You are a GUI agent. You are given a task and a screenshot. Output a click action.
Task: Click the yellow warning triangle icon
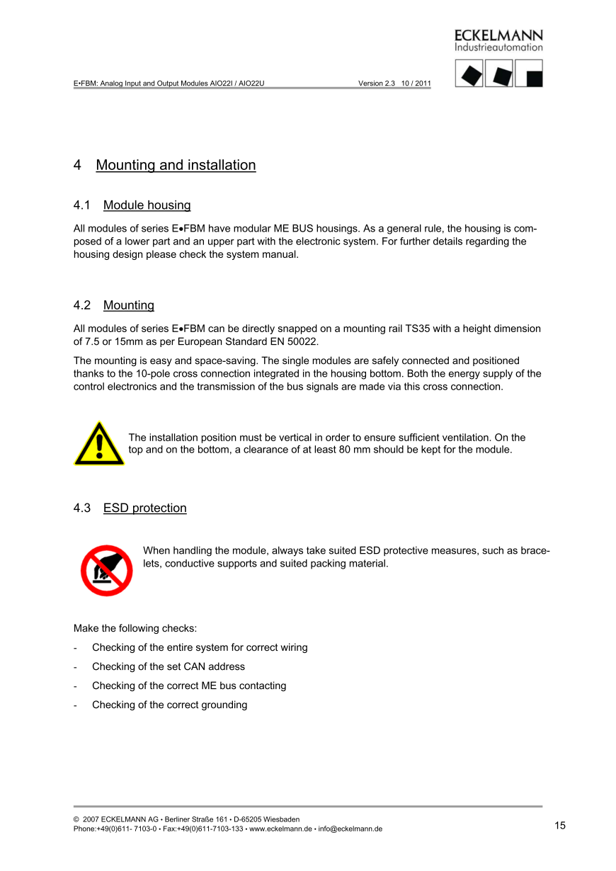[99, 445]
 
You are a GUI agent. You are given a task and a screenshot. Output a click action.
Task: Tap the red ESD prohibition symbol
[106, 570]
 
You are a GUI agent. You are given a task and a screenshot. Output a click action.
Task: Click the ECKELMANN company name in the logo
[498, 35]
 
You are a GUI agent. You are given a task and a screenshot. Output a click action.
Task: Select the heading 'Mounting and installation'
[176, 165]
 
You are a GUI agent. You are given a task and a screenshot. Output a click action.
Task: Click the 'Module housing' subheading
[147, 205]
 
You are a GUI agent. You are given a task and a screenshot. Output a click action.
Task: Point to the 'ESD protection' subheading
[144, 508]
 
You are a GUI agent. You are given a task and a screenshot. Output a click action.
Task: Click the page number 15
[560, 825]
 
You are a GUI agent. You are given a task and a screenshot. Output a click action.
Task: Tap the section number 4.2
[82, 305]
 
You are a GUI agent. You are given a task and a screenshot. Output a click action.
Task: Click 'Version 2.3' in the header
[377, 83]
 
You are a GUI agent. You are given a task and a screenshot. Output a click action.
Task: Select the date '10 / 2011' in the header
[416, 83]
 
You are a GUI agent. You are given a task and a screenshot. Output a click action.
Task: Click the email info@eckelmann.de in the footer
[350, 829]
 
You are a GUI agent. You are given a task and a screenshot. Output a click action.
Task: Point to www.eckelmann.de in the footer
[280, 829]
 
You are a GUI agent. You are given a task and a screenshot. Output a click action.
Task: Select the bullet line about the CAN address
[169, 666]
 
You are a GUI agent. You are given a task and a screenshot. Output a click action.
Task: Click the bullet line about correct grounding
[170, 705]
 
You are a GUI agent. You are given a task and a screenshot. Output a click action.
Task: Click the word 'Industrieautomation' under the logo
[498, 47]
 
